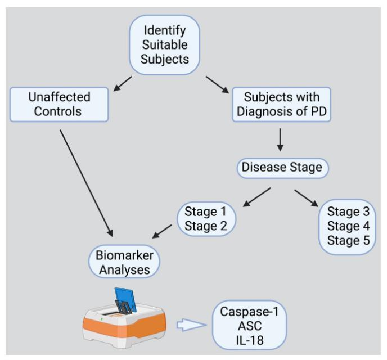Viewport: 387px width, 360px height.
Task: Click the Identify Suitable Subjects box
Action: pyautogui.click(x=164, y=44)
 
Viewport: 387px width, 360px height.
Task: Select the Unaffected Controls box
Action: pyautogui.click(x=58, y=103)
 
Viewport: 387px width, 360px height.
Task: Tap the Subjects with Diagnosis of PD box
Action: pyautogui.click(x=281, y=104)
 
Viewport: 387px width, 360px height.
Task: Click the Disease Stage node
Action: pyautogui.click(x=281, y=168)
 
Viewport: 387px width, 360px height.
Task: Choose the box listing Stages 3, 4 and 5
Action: pyautogui.click(x=346, y=226)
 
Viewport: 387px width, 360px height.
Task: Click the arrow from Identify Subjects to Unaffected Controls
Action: pyautogui.click(x=122, y=83)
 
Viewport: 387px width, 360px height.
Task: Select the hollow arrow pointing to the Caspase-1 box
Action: pyautogui.click(x=192, y=325)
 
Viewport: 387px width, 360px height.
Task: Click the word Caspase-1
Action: pyautogui.click(x=249, y=312)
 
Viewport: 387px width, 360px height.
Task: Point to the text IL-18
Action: pyautogui.click(x=249, y=341)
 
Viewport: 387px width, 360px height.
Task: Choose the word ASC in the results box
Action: pyautogui.click(x=249, y=326)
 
